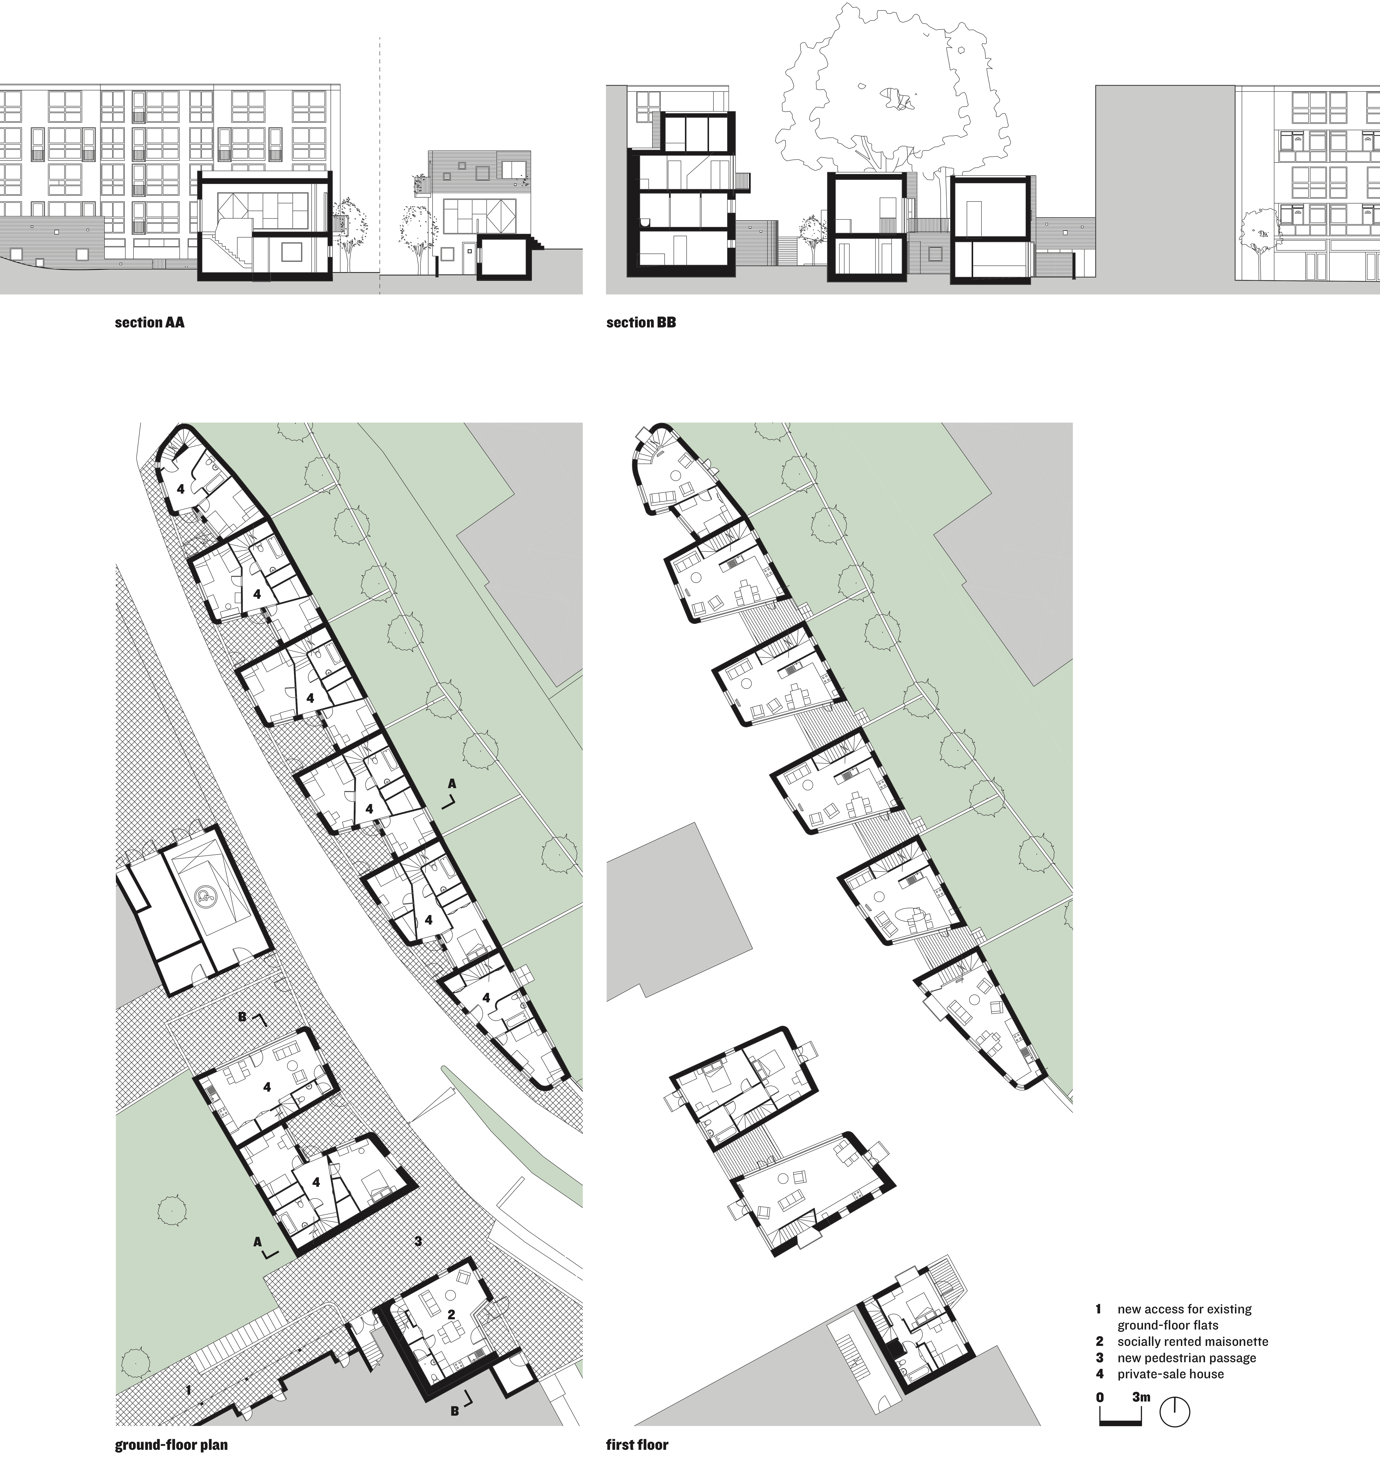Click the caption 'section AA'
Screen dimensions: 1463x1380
pos(149,322)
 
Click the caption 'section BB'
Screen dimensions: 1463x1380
pos(640,322)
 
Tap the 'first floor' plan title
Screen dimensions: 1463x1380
pos(637,1445)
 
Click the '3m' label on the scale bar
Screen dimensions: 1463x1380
pos(1141,1397)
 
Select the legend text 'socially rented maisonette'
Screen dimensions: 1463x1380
pos(1192,1341)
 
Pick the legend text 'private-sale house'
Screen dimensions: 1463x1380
pos(1170,1374)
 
